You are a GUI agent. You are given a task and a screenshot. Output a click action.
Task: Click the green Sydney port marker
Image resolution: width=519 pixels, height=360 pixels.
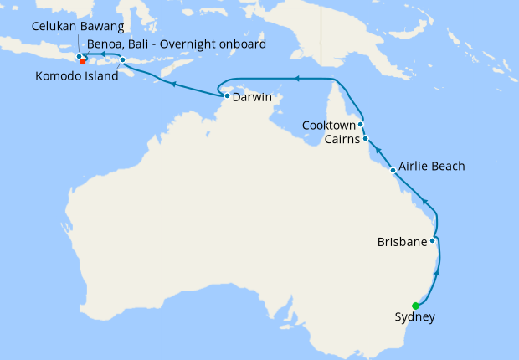click(x=416, y=306)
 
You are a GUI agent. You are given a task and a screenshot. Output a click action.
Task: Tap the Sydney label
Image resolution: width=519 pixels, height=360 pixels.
click(x=414, y=317)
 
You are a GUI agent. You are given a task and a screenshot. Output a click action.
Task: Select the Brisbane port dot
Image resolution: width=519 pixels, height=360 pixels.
click(x=432, y=241)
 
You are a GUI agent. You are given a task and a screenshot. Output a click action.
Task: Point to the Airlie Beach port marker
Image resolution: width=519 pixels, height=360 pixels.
click(x=393, y=170)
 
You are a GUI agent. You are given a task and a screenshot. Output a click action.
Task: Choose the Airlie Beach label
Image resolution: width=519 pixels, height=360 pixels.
click(x=432, y=166)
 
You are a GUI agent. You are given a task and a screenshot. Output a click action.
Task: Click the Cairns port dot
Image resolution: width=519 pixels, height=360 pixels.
click(x=366, y=138)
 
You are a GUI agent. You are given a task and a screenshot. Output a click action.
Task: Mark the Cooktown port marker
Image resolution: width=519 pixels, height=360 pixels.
click(x=361, y=125)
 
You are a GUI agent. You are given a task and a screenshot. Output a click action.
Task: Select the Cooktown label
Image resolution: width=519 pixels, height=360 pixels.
click(x=329, y=126)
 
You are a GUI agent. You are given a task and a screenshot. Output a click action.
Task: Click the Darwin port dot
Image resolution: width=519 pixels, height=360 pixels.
click(x=227, y=96)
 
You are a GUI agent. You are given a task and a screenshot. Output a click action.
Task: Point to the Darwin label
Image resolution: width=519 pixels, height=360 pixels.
click(x=252, y=97)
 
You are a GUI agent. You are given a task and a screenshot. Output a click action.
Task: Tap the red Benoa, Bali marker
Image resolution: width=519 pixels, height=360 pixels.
click(x=83, y=60)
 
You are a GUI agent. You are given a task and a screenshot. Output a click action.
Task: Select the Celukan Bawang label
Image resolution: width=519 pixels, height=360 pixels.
click(x=71, y=27)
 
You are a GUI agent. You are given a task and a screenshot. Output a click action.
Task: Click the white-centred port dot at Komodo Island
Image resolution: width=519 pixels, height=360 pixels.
click(x=123, y=60)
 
